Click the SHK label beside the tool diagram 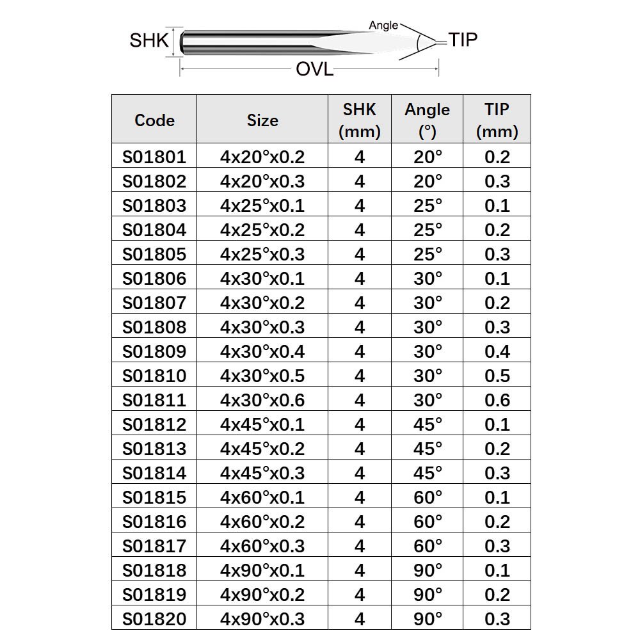(149, 40)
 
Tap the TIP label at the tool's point (463, 40)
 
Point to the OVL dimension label (314, 69)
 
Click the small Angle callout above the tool (383, 26)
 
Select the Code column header (154, 120)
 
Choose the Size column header (262, 120)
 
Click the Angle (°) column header (428, 120)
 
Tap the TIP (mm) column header (497, 120)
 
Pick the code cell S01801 (154, 157)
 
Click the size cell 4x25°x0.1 (262, 205)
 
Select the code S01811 (154, 400)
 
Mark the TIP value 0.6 (497, 400)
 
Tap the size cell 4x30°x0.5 (262, 376)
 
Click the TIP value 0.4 (497, 351)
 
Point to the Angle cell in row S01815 (428, 497)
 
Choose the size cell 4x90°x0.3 (262, 619)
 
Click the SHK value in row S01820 (360, 619)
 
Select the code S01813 (154, 449)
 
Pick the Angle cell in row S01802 (428, 181)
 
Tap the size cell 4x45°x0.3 (262, 473)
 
